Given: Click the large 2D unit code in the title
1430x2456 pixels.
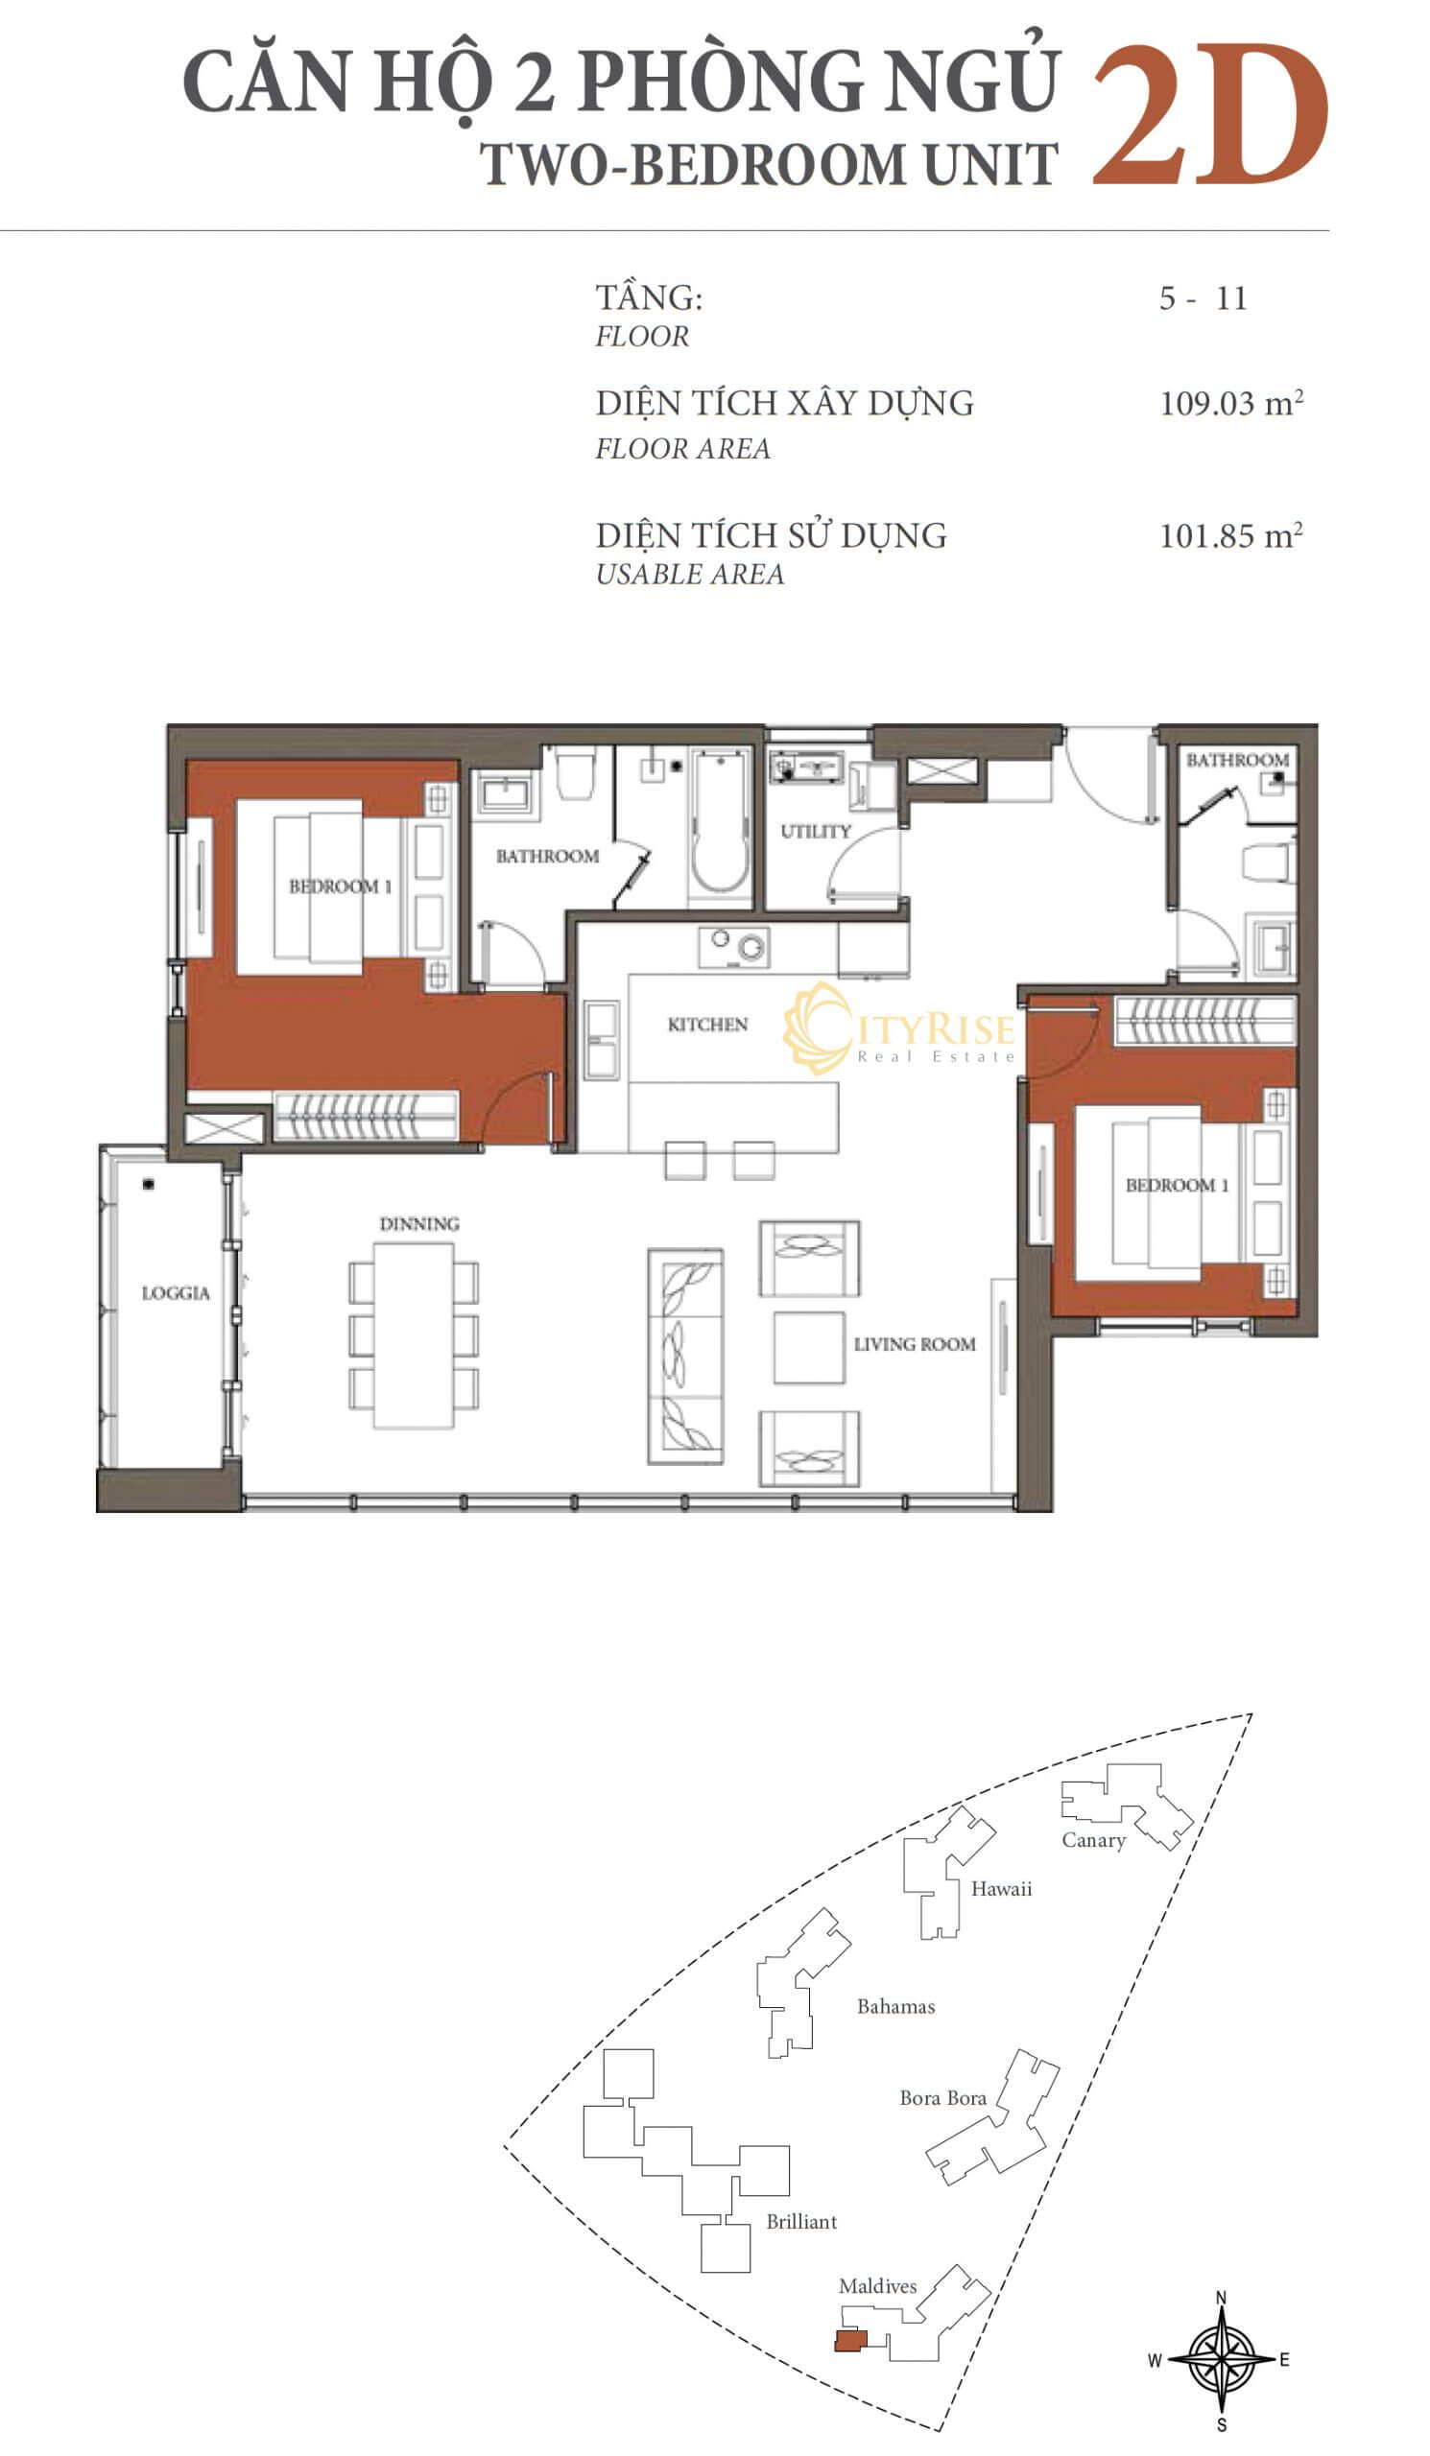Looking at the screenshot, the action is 1209,115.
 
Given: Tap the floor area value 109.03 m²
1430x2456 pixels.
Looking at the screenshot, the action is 1231,403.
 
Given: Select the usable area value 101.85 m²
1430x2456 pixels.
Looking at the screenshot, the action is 1231,535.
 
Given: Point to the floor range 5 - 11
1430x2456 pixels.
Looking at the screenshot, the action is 1203,298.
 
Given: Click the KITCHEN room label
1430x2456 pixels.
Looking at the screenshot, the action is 707,1025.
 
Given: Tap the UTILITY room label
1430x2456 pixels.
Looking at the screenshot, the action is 816,832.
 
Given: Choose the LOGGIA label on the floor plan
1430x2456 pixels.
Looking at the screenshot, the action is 176,1293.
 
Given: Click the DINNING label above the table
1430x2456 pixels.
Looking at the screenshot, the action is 419,1224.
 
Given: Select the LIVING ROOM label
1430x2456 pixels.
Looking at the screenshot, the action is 915,1344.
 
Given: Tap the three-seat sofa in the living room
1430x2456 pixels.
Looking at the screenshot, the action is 686,1357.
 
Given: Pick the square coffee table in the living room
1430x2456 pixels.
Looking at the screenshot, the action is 809,1348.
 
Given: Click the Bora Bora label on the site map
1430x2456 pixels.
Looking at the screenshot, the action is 942,2097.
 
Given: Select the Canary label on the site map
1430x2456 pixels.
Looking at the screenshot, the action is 1094,1840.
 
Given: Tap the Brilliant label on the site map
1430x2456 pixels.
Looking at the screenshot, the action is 801,2221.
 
